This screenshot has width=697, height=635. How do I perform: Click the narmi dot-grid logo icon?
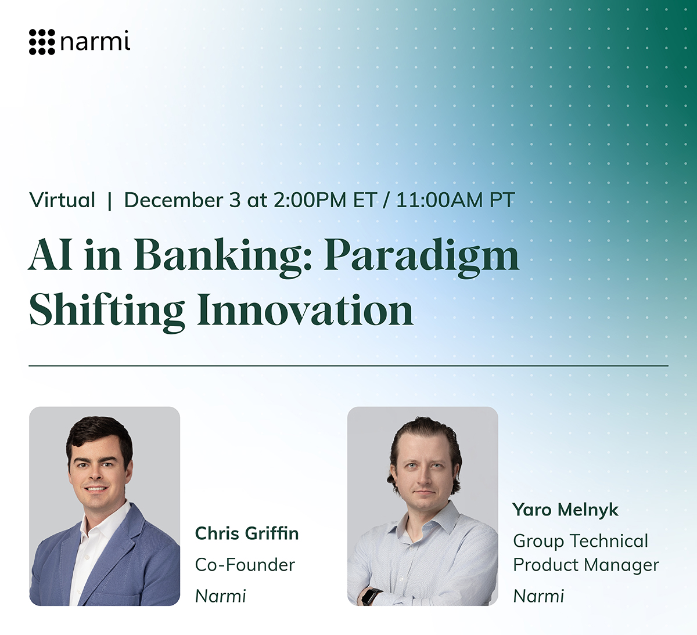(x=42, y=42)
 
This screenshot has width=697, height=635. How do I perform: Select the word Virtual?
(x=62, y=200)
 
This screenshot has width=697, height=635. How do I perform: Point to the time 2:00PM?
(x=310, y=200)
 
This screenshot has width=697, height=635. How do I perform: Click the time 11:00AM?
(x=439, y=200)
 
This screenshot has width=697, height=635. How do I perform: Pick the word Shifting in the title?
(x=107, y=312)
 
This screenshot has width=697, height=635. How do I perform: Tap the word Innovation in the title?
(x=305, y=309)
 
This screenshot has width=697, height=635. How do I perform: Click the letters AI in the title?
(x=51, y=254)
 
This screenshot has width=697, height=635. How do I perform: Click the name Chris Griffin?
(x=247, y=533)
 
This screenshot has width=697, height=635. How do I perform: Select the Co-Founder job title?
(x=245, y=565)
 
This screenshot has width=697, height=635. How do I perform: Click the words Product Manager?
(x=586, y=565)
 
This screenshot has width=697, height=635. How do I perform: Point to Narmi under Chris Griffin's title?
(x=221, y=596)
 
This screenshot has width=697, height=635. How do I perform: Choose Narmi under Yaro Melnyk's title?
(x=538, y=596)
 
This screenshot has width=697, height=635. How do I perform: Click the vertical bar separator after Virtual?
(x=110, y=201)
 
